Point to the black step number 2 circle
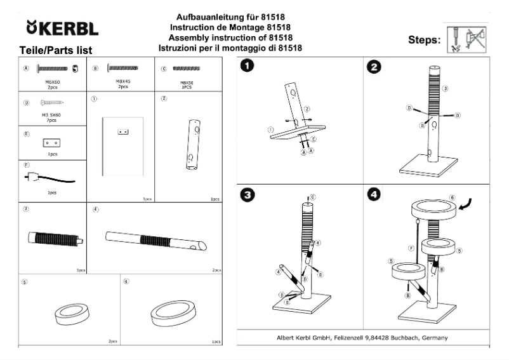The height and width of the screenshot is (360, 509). tap(376, 67)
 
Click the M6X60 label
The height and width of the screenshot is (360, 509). tap(52, 81)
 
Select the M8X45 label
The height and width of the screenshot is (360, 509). tap(122, 81)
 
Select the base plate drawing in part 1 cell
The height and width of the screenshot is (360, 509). tap(122, 147)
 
